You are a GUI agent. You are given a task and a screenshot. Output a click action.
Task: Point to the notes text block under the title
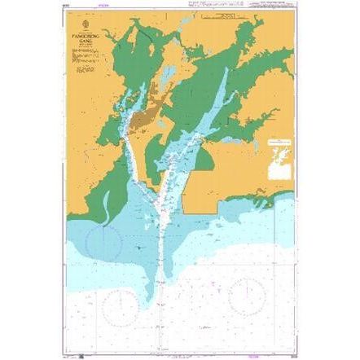pos(82,56)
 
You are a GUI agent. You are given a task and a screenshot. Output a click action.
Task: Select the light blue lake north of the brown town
pos(166,77)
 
